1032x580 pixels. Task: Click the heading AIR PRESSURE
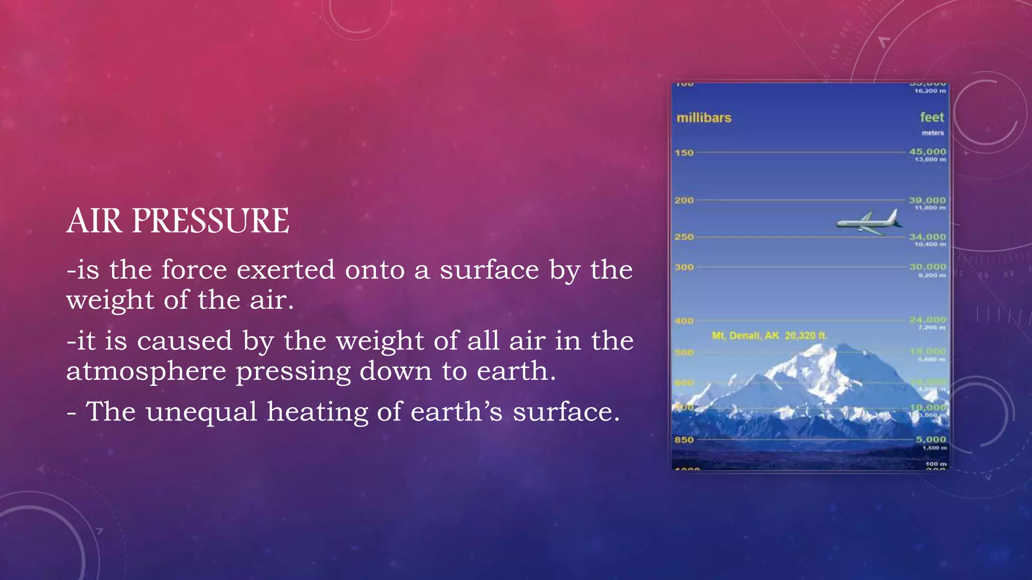[178, 221]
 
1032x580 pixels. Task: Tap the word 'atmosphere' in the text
[146, 371]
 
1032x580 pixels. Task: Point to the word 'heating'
[316, 412]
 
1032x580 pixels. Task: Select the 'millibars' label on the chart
[703, 118]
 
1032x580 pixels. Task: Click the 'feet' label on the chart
[932, 117]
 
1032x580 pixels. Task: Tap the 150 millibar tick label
[684, 153]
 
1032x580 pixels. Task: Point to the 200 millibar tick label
[684, 200]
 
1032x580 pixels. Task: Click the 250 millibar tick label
[684, 237]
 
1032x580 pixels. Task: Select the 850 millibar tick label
[684, 440]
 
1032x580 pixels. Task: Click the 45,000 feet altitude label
[928, 152]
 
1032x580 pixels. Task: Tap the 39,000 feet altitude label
[928, 200]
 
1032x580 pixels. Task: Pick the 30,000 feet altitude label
[928, 267]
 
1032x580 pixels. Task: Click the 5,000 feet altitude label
[931, 439]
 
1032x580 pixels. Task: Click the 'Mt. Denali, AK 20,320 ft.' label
[769, 335]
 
